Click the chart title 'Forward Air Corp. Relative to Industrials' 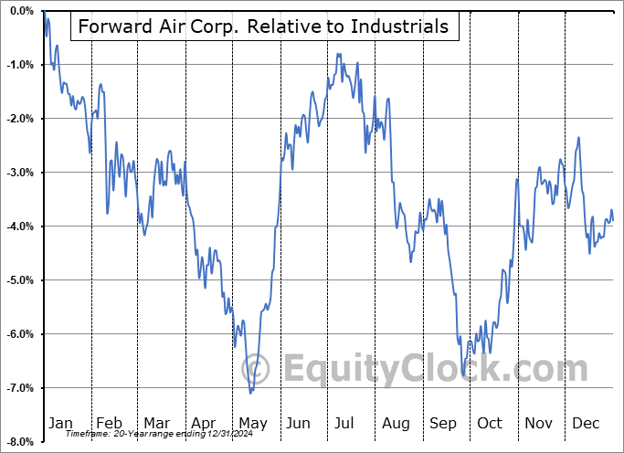[x=264, y=26]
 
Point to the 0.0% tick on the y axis [x=22, y=11]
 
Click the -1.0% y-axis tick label [x=22, y=65]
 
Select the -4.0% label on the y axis [x=22, y=226]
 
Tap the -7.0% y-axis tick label [x=22, y=388]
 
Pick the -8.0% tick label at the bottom [x=22, y=442]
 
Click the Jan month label [x=59, y=423]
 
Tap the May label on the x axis [x=253, y=423]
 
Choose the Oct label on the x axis [x=490, y=423]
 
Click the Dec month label [x=587, y=423]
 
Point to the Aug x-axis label [x=396, y=423]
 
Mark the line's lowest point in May [x=250, y=394]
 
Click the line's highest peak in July [x=338, y=54]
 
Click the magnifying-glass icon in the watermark [x=259, y=370]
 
